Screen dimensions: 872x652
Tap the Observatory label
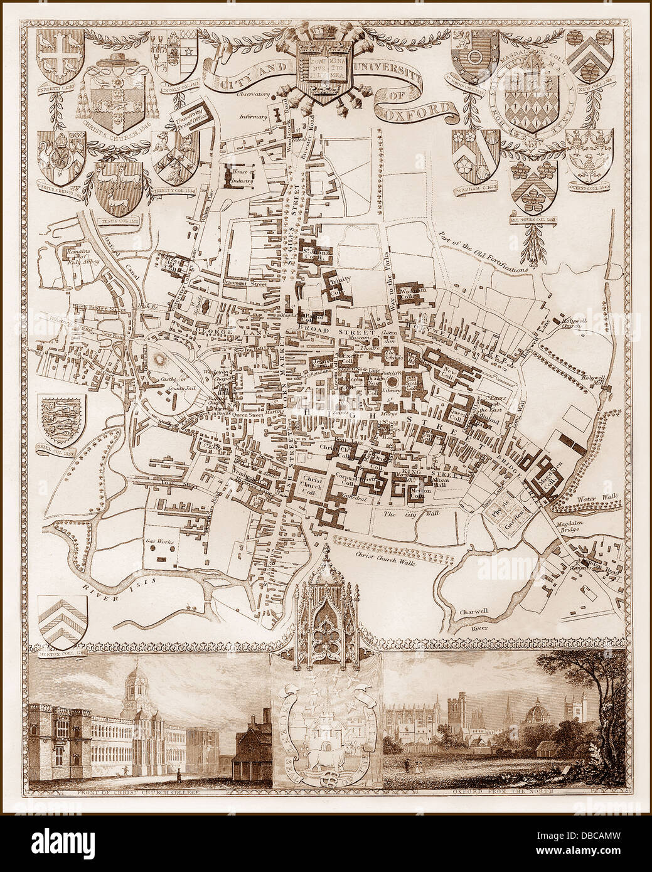click(253, 95)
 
